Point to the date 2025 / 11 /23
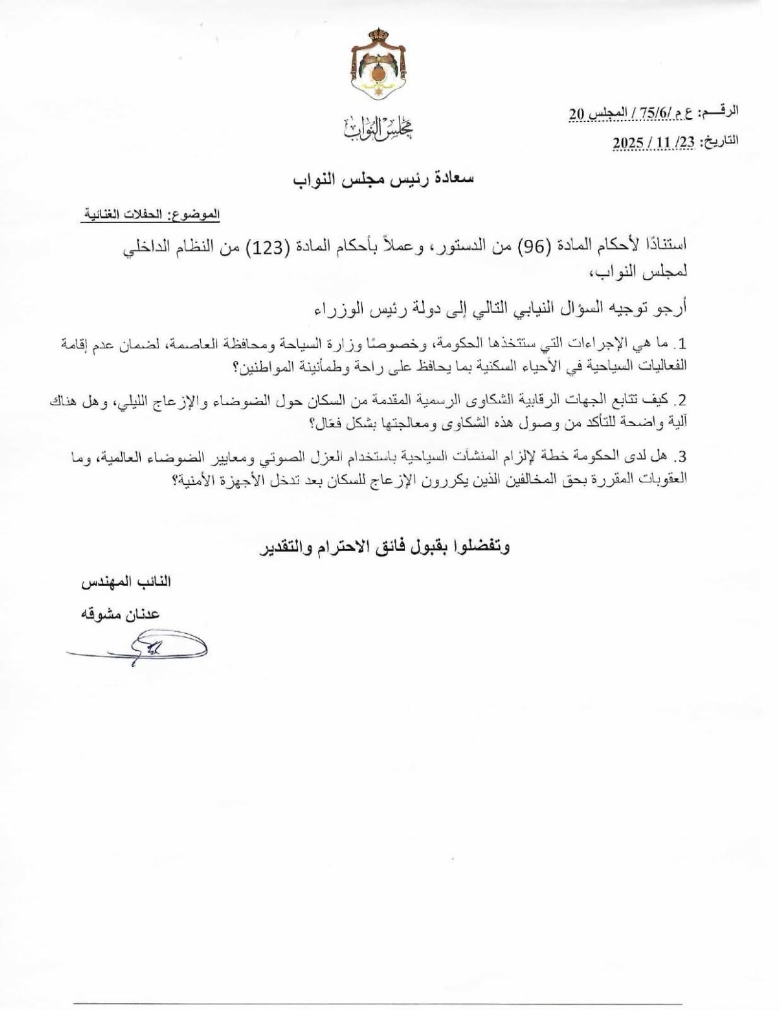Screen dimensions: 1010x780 (x=654, y=143)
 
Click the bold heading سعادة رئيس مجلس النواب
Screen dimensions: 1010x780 (x=384, y=179)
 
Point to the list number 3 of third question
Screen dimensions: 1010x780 (x=681, y=456)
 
